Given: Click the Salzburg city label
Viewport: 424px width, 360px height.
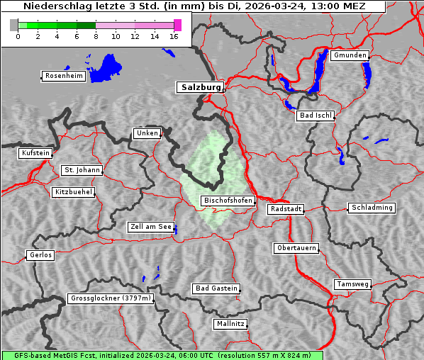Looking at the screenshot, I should click(x=200, y=88).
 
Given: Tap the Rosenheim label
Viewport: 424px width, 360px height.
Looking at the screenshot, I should click(x=64, y=76).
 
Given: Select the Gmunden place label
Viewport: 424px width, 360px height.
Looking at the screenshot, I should click(x=350, y=55).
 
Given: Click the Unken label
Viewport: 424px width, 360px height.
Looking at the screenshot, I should click(x=147, y=133).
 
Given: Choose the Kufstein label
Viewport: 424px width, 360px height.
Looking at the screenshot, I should click(x=35, y=153).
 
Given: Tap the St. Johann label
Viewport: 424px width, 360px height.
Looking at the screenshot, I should click(x=82, y=170).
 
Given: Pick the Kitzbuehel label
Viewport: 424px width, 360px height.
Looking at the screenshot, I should click(x=74, y=192).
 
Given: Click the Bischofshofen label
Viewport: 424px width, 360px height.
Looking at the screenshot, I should click(x=228, y=201).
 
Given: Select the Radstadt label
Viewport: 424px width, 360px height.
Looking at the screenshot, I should click(x=286, y=209).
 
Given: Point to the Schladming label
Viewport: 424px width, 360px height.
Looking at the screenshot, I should click(x=372, y=208).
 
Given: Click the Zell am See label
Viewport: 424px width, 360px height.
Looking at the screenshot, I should click(x=151, y=227).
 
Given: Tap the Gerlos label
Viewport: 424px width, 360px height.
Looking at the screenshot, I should click(x=40, y=255).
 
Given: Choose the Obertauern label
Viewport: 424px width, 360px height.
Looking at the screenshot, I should click(x=296, y=249).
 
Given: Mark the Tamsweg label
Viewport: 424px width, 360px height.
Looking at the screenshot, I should click(x=352, y=284).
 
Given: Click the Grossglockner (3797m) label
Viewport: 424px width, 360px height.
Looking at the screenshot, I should click(x=111, y=298).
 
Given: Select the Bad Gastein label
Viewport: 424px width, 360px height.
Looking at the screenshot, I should click(x=216, y=288).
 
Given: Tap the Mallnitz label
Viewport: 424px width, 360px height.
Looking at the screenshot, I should click(x=230, y=324).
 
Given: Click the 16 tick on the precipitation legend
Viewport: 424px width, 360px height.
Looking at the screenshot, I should click(x=174, y=36).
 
